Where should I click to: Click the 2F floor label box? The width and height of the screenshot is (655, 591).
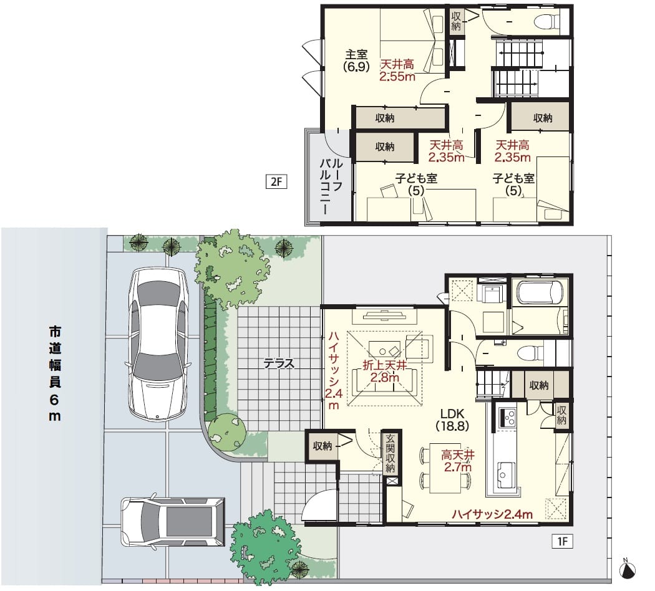click(276, 182)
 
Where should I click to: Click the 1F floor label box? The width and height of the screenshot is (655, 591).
click(562, 541)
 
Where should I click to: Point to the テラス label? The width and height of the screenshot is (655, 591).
click(279, 363)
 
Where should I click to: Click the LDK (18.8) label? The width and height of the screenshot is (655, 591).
click(452, 420)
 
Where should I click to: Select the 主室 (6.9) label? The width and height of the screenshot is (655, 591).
click(356, 60)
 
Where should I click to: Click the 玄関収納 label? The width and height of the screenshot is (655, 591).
click(390, 453)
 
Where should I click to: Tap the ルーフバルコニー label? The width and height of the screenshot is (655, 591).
click(331, 186)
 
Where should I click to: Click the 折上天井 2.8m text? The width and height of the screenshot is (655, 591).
click(385, 372)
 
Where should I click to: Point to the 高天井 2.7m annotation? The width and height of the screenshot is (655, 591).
click(458, 461)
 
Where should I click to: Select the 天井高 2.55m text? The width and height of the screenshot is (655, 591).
click(397, 70)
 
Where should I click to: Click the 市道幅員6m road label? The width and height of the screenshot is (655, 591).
click(55, 373)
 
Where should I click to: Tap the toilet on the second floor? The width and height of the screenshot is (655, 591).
click(548, 21)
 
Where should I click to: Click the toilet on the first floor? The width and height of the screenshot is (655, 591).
click(530, 353)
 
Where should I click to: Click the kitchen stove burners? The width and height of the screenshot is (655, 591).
click(507, 417)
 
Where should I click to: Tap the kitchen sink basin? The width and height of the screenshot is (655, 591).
click(505, 472)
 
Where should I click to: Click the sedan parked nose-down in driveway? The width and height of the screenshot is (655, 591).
click(157, 344)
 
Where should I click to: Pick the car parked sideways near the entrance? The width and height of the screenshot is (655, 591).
click(173, 522)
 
